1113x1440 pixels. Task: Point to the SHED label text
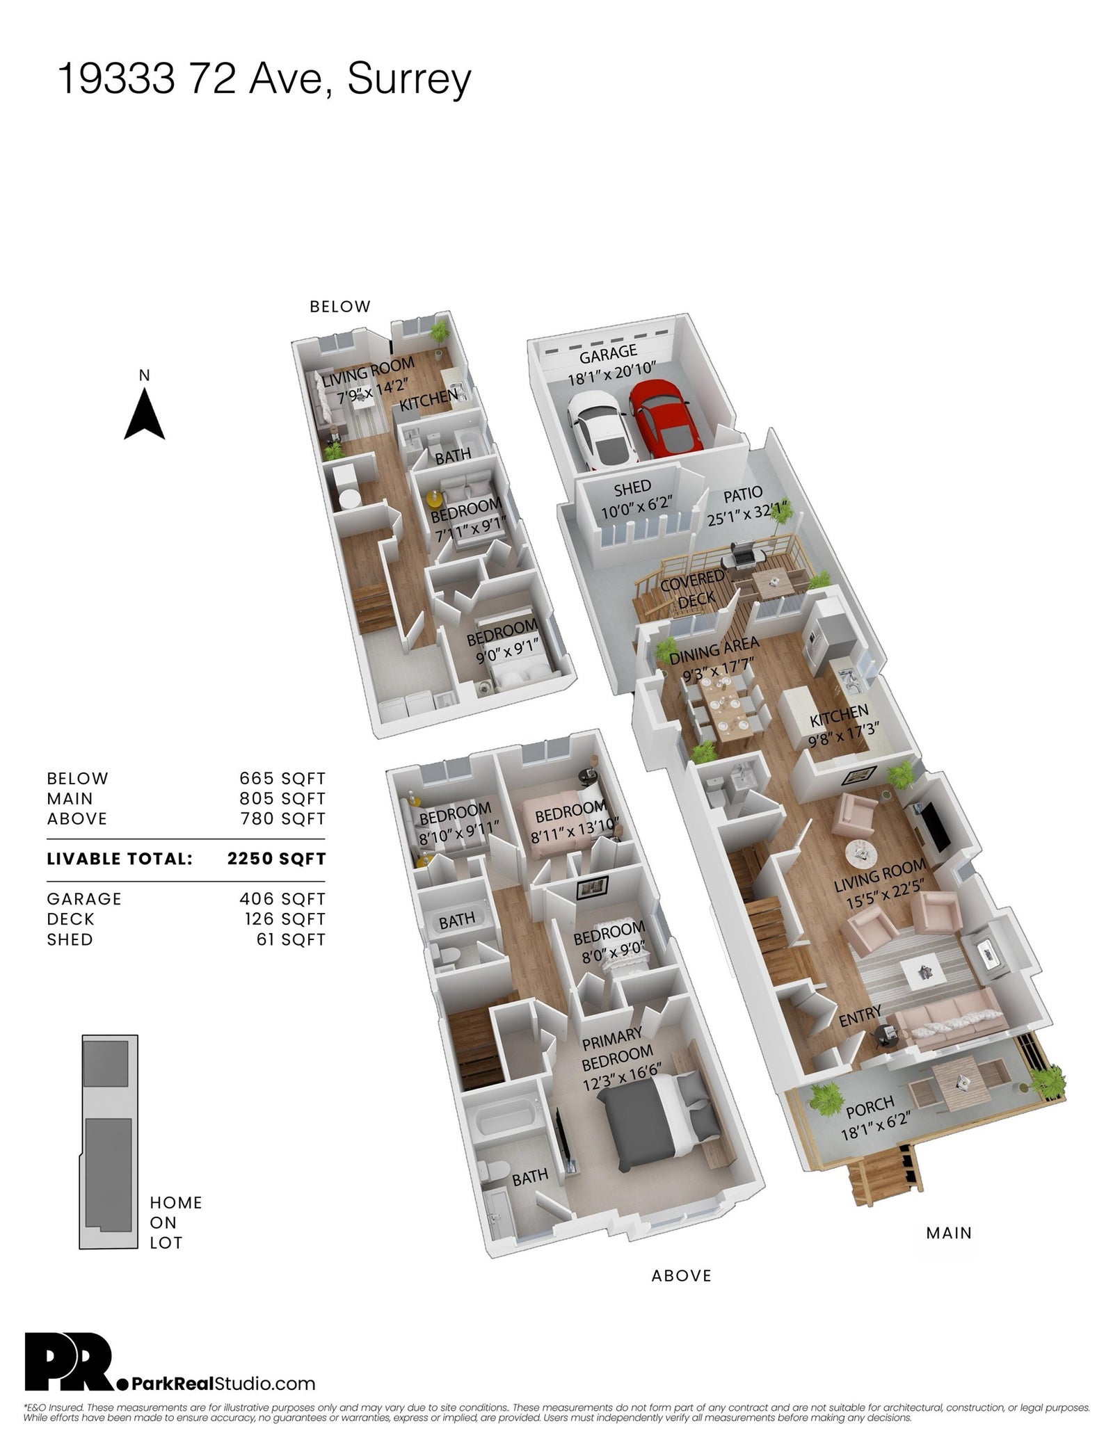tap(632, 487)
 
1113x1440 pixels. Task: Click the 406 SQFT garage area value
tap(282, 899)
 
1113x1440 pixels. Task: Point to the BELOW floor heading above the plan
tap(340, 307)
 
